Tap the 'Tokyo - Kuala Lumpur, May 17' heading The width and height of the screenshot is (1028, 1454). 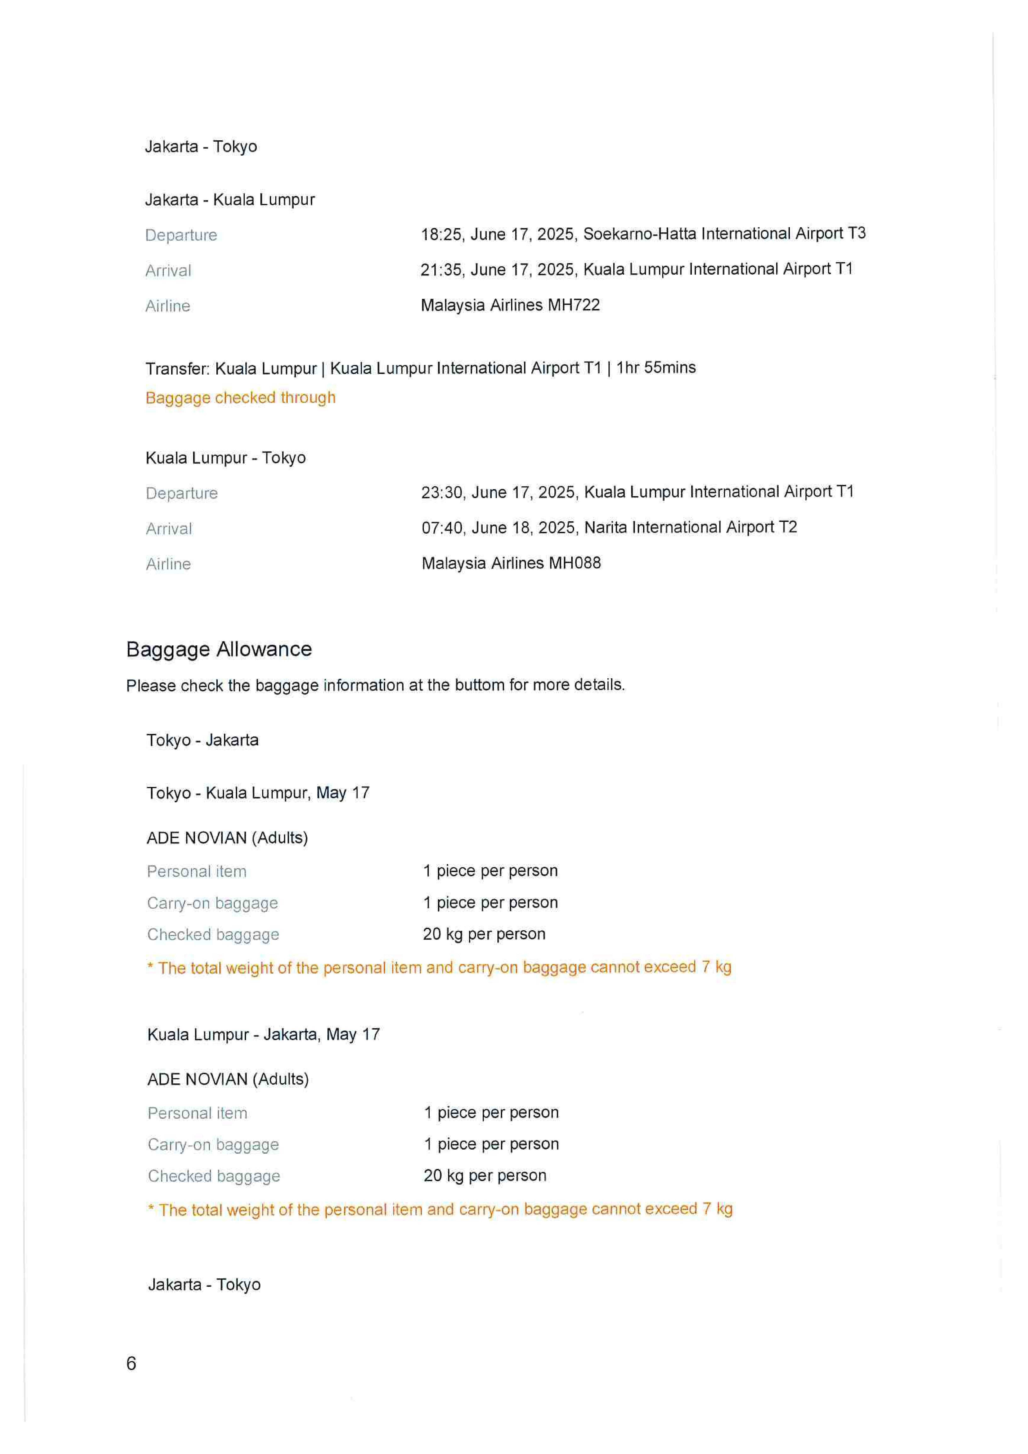click(x=258, y=793)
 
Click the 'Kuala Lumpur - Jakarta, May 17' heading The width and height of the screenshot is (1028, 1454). click(x=263, y=1035)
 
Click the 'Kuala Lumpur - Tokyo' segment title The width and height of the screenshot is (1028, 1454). click(x=225, y=458)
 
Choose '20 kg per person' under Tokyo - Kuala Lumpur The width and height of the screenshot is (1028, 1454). click(x=484, y=934)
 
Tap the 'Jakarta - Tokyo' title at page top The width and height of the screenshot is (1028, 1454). click(x=201, y=147)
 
